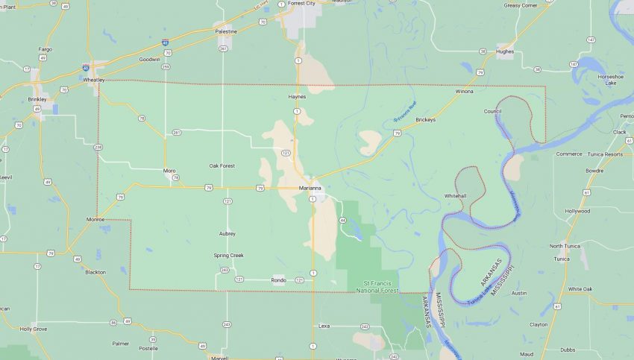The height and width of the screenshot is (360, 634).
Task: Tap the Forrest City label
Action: [301, 3]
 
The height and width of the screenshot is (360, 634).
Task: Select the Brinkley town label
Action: [37, 99]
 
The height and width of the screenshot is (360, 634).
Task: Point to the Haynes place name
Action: [297, 97]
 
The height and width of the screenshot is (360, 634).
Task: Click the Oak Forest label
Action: [222, 165]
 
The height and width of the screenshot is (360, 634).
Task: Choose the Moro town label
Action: [169, 171]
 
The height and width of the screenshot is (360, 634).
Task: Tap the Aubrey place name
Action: [227, 233]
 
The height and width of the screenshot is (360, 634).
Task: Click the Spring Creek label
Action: [228, 255]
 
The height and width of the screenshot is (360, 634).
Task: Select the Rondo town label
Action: [278, 280]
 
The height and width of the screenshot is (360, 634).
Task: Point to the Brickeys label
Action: [425, 119]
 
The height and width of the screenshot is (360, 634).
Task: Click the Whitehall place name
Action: [455, 195]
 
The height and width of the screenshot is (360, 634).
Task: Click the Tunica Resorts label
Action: [603, 154]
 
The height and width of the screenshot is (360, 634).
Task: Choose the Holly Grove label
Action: [34, 328]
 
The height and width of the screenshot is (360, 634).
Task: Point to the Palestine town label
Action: [226, 31]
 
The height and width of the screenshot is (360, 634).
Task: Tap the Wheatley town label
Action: [94, 80]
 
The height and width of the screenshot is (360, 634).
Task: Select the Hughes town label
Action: [505, 51]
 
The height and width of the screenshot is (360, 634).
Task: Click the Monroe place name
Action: [95, 220]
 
